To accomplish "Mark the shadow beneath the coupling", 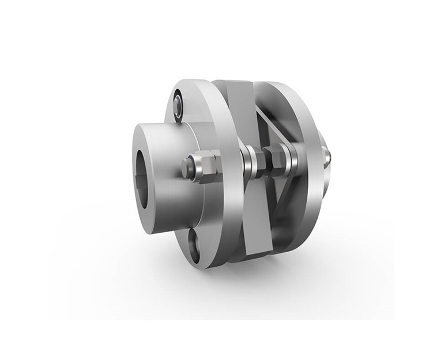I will tap(242, 276).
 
